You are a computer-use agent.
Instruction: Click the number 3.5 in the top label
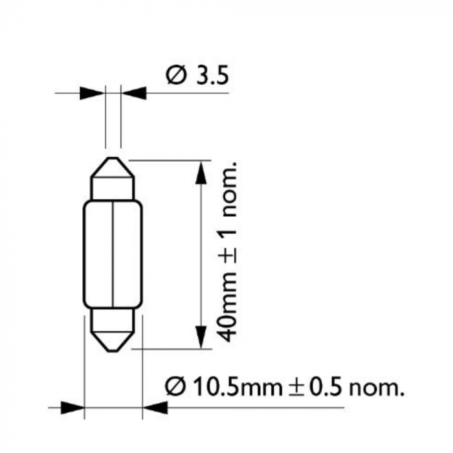(x=212, y=76)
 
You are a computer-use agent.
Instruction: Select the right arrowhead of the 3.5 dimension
(x=133, y=93)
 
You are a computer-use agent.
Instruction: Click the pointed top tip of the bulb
(x=113, y=159)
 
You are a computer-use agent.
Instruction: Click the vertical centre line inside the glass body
(x=114, y=259)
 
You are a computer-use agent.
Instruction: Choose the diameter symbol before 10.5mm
(x=177, y=388)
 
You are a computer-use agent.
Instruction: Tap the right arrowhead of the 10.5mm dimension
(x=155, y=408)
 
